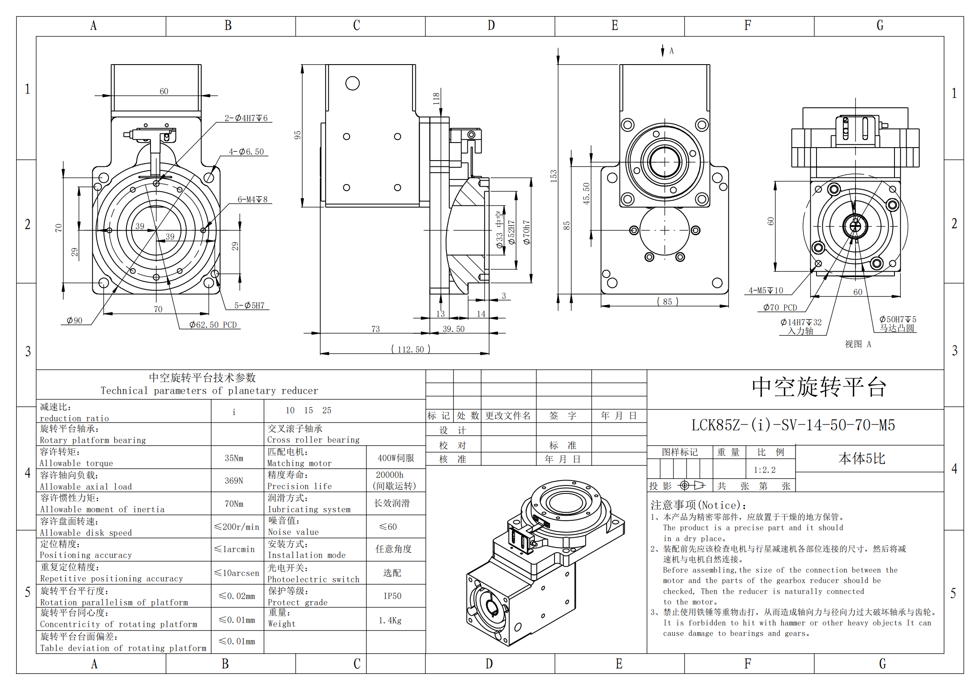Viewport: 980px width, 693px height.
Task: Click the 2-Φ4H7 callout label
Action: (x=246, y=118)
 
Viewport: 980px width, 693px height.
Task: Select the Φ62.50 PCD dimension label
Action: (x=213, y=325)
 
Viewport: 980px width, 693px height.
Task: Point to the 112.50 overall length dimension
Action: (x=411, y=349)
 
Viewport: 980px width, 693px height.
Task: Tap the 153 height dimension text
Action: (x=554, y=176)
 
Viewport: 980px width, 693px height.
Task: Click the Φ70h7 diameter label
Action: (x=527, y=233)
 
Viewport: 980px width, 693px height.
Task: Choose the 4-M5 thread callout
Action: (x=766, y=291)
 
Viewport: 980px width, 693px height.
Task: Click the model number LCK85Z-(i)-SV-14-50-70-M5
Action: (x=793, y=425)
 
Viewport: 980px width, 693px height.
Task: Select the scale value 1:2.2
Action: (x=765, y=470)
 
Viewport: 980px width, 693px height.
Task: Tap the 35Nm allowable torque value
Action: (x=234, y=458)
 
